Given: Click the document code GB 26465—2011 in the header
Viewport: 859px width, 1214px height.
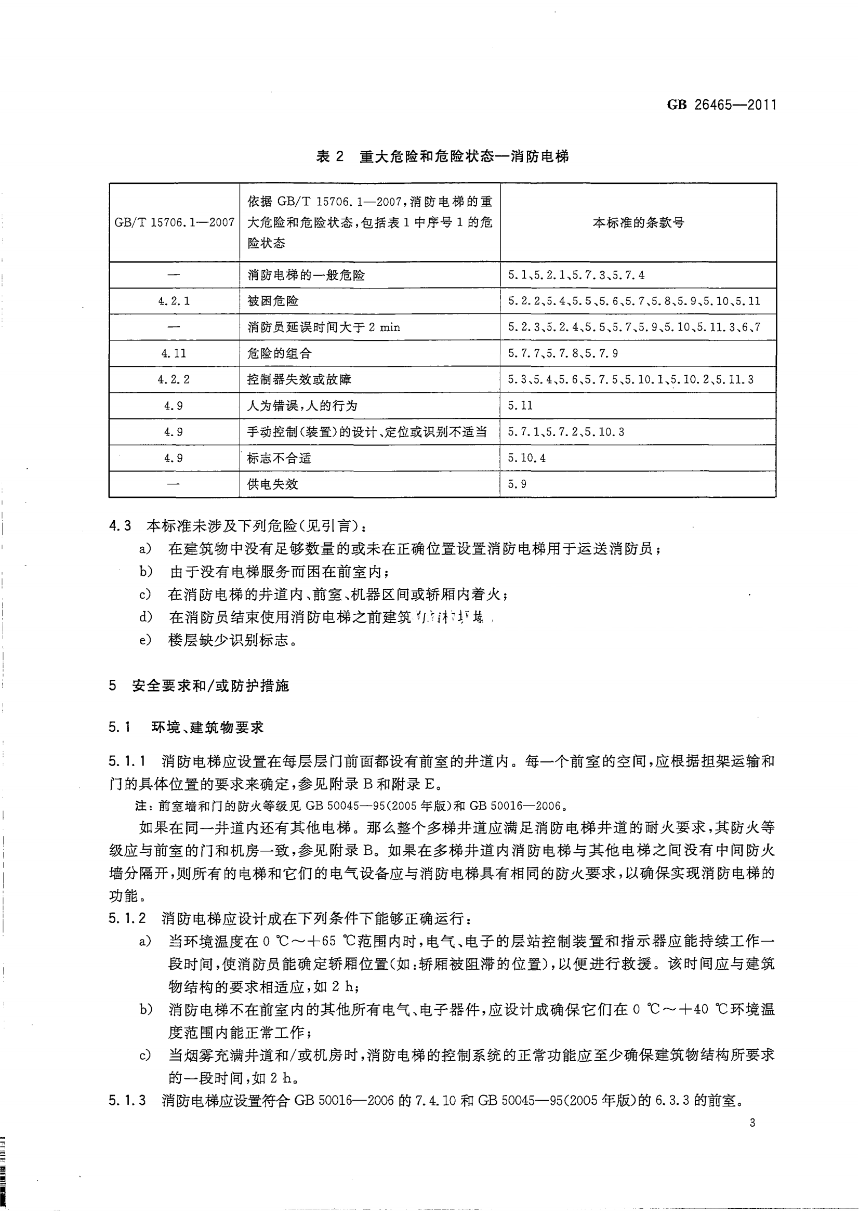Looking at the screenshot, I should pyautogui.click(x=721, y=105).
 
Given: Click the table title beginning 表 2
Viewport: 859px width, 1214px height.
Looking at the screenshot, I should pyautogui.click(x=442, y=156).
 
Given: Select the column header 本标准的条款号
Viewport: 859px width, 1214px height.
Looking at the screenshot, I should pyautogui.click(x=638, y=223).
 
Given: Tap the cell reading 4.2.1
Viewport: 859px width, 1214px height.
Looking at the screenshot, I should pyautogui.click(x=174, y=301).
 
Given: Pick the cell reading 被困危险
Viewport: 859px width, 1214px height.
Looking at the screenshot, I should pyautogui.click(x=273, y=301).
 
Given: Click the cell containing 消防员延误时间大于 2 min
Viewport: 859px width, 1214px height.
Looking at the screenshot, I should pyautogui.click(x=324, y=327).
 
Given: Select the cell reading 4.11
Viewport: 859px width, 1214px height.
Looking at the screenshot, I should pyautogui.click(x=174, y=353).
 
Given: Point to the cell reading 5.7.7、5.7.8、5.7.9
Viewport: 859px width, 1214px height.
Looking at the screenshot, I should pyautogui.click(x=563, y=353).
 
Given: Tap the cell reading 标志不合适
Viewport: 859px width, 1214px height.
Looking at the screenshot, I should pyautogui.click(x=279, y=458).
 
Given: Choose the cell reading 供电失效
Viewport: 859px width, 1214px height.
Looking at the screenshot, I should pyautogui.click(x=272, y=484).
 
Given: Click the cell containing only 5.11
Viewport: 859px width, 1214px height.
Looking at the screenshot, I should pyautogui.click(x=520, y=406).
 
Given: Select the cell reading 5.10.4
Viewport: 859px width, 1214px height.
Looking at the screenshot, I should pyautogui.click(x=526, y=458).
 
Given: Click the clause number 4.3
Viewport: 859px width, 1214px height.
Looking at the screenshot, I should pyautogui.click(x=120, y=526).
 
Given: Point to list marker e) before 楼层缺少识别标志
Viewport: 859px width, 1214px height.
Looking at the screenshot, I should pyautogui.click(x=145, y=641).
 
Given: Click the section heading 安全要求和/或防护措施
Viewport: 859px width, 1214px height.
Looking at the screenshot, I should pyautogui.click(x=210, y=686).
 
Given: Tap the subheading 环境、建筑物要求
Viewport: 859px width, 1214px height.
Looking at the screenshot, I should pyautogui.click(x=207, y=728).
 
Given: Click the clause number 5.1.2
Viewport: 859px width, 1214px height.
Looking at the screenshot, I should pyautogui.click(x=127, y=918).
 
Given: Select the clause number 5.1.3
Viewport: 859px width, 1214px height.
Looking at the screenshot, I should pyautogui.click(x=127, y=1101).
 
